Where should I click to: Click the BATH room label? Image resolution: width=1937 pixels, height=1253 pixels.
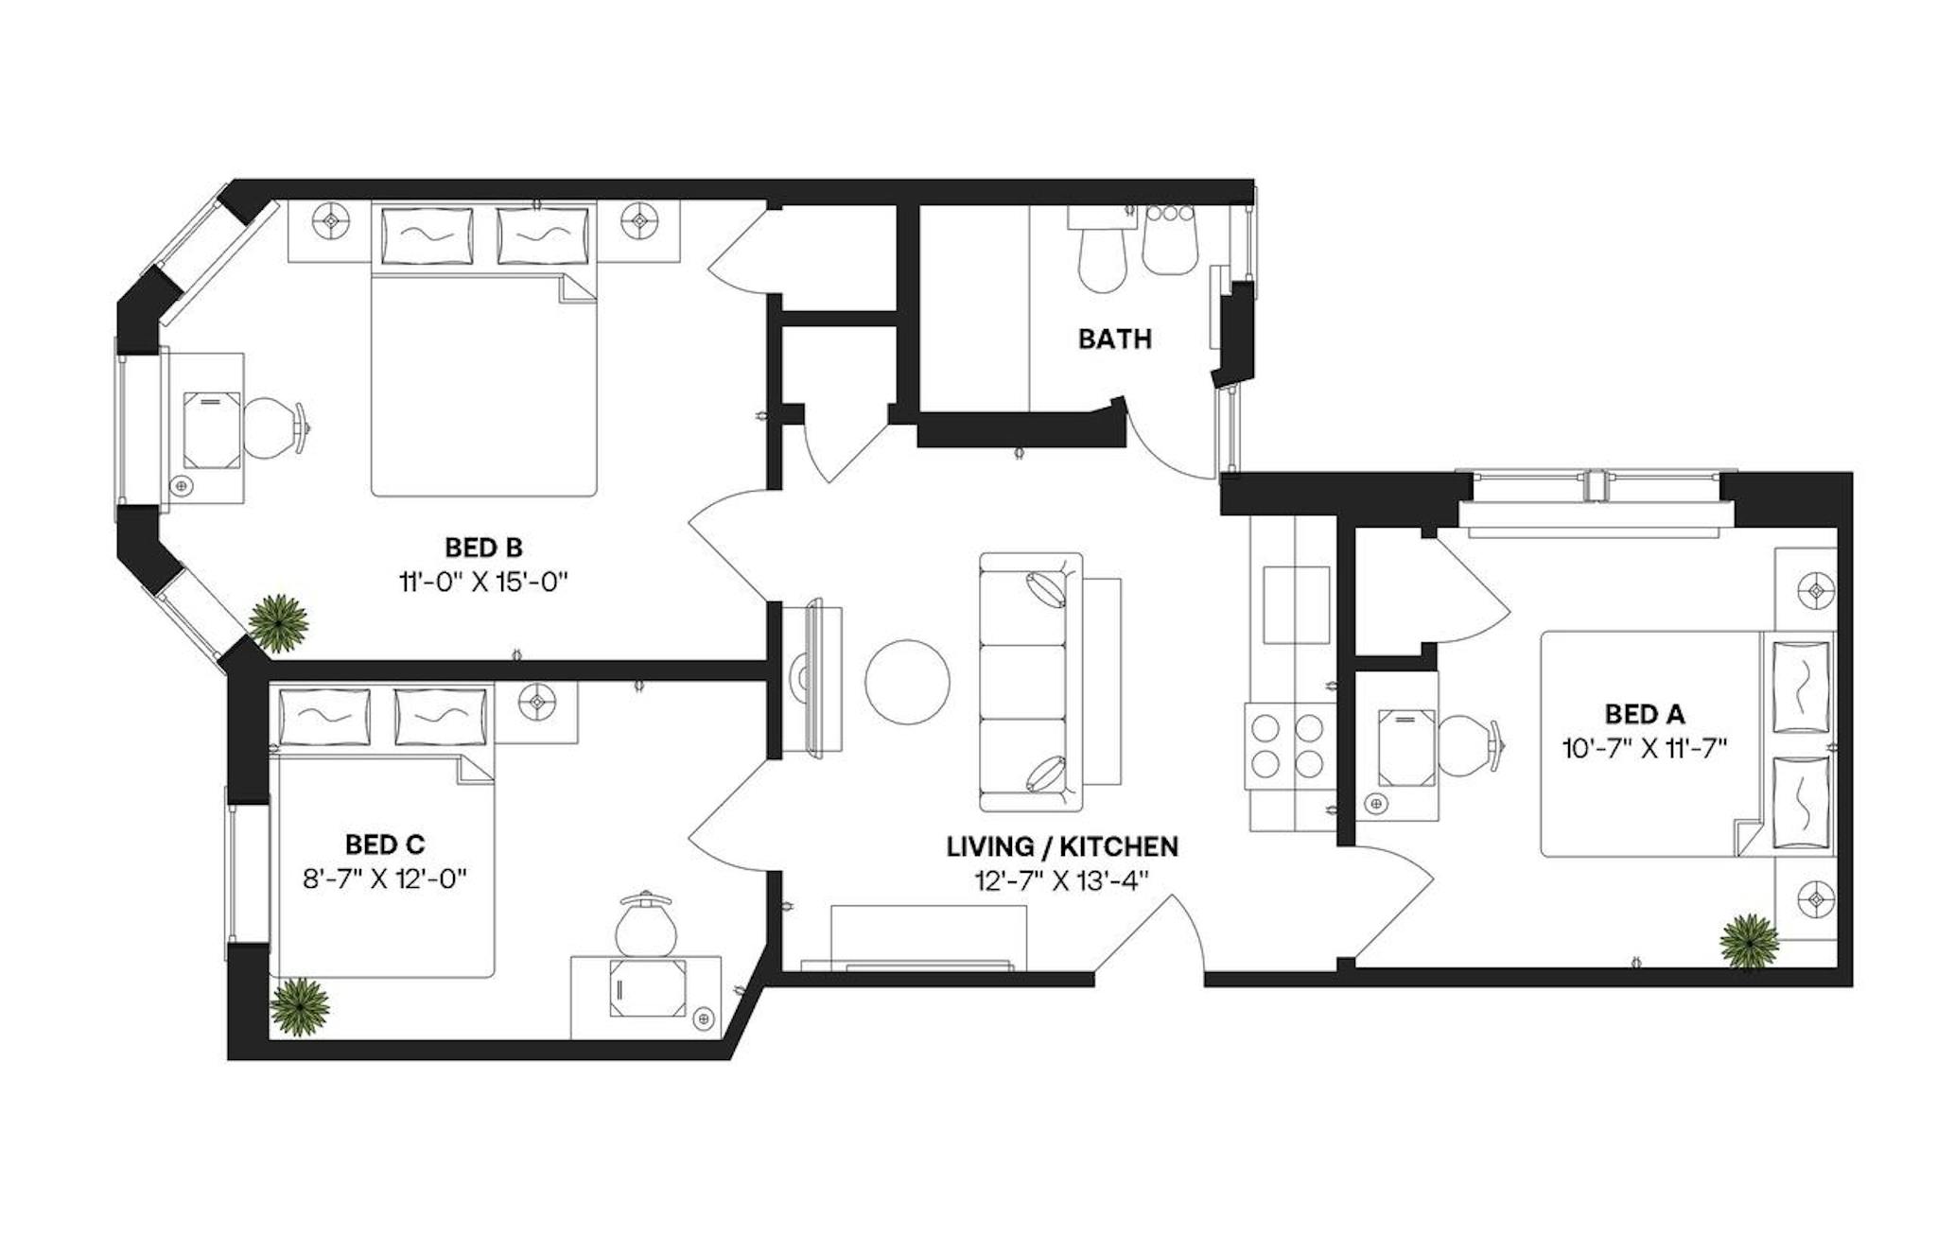pos(1114,339)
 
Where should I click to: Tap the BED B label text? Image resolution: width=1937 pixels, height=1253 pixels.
pos(483,548)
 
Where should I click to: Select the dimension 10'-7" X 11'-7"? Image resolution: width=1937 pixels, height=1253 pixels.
pos(1645,749)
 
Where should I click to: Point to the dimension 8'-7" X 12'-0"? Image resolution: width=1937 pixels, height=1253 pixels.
pos(385,879)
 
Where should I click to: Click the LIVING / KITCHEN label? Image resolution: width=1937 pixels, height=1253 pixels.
pos(1062,846)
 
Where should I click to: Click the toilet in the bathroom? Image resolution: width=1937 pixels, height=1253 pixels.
pos(1101,251)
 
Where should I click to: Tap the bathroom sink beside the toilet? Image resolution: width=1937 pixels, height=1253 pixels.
pos(1170,240)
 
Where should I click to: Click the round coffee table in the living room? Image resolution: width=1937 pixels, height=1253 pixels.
pos(907,682)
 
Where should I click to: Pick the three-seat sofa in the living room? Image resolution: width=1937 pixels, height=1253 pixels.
pos(1030,682)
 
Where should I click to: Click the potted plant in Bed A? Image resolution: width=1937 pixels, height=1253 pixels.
pos(1749,941)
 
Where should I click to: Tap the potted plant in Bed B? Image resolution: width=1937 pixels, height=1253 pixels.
pos(278,623)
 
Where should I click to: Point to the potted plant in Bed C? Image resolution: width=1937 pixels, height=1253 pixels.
pos(301,1006)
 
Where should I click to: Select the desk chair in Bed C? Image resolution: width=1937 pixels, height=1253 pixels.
pos(647,923)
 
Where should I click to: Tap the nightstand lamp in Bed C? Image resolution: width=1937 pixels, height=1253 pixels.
pos(536,702)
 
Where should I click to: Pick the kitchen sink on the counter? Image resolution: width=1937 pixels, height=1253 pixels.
pos(1297,604)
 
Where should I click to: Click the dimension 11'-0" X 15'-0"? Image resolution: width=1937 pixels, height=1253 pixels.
pos(483,582)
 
